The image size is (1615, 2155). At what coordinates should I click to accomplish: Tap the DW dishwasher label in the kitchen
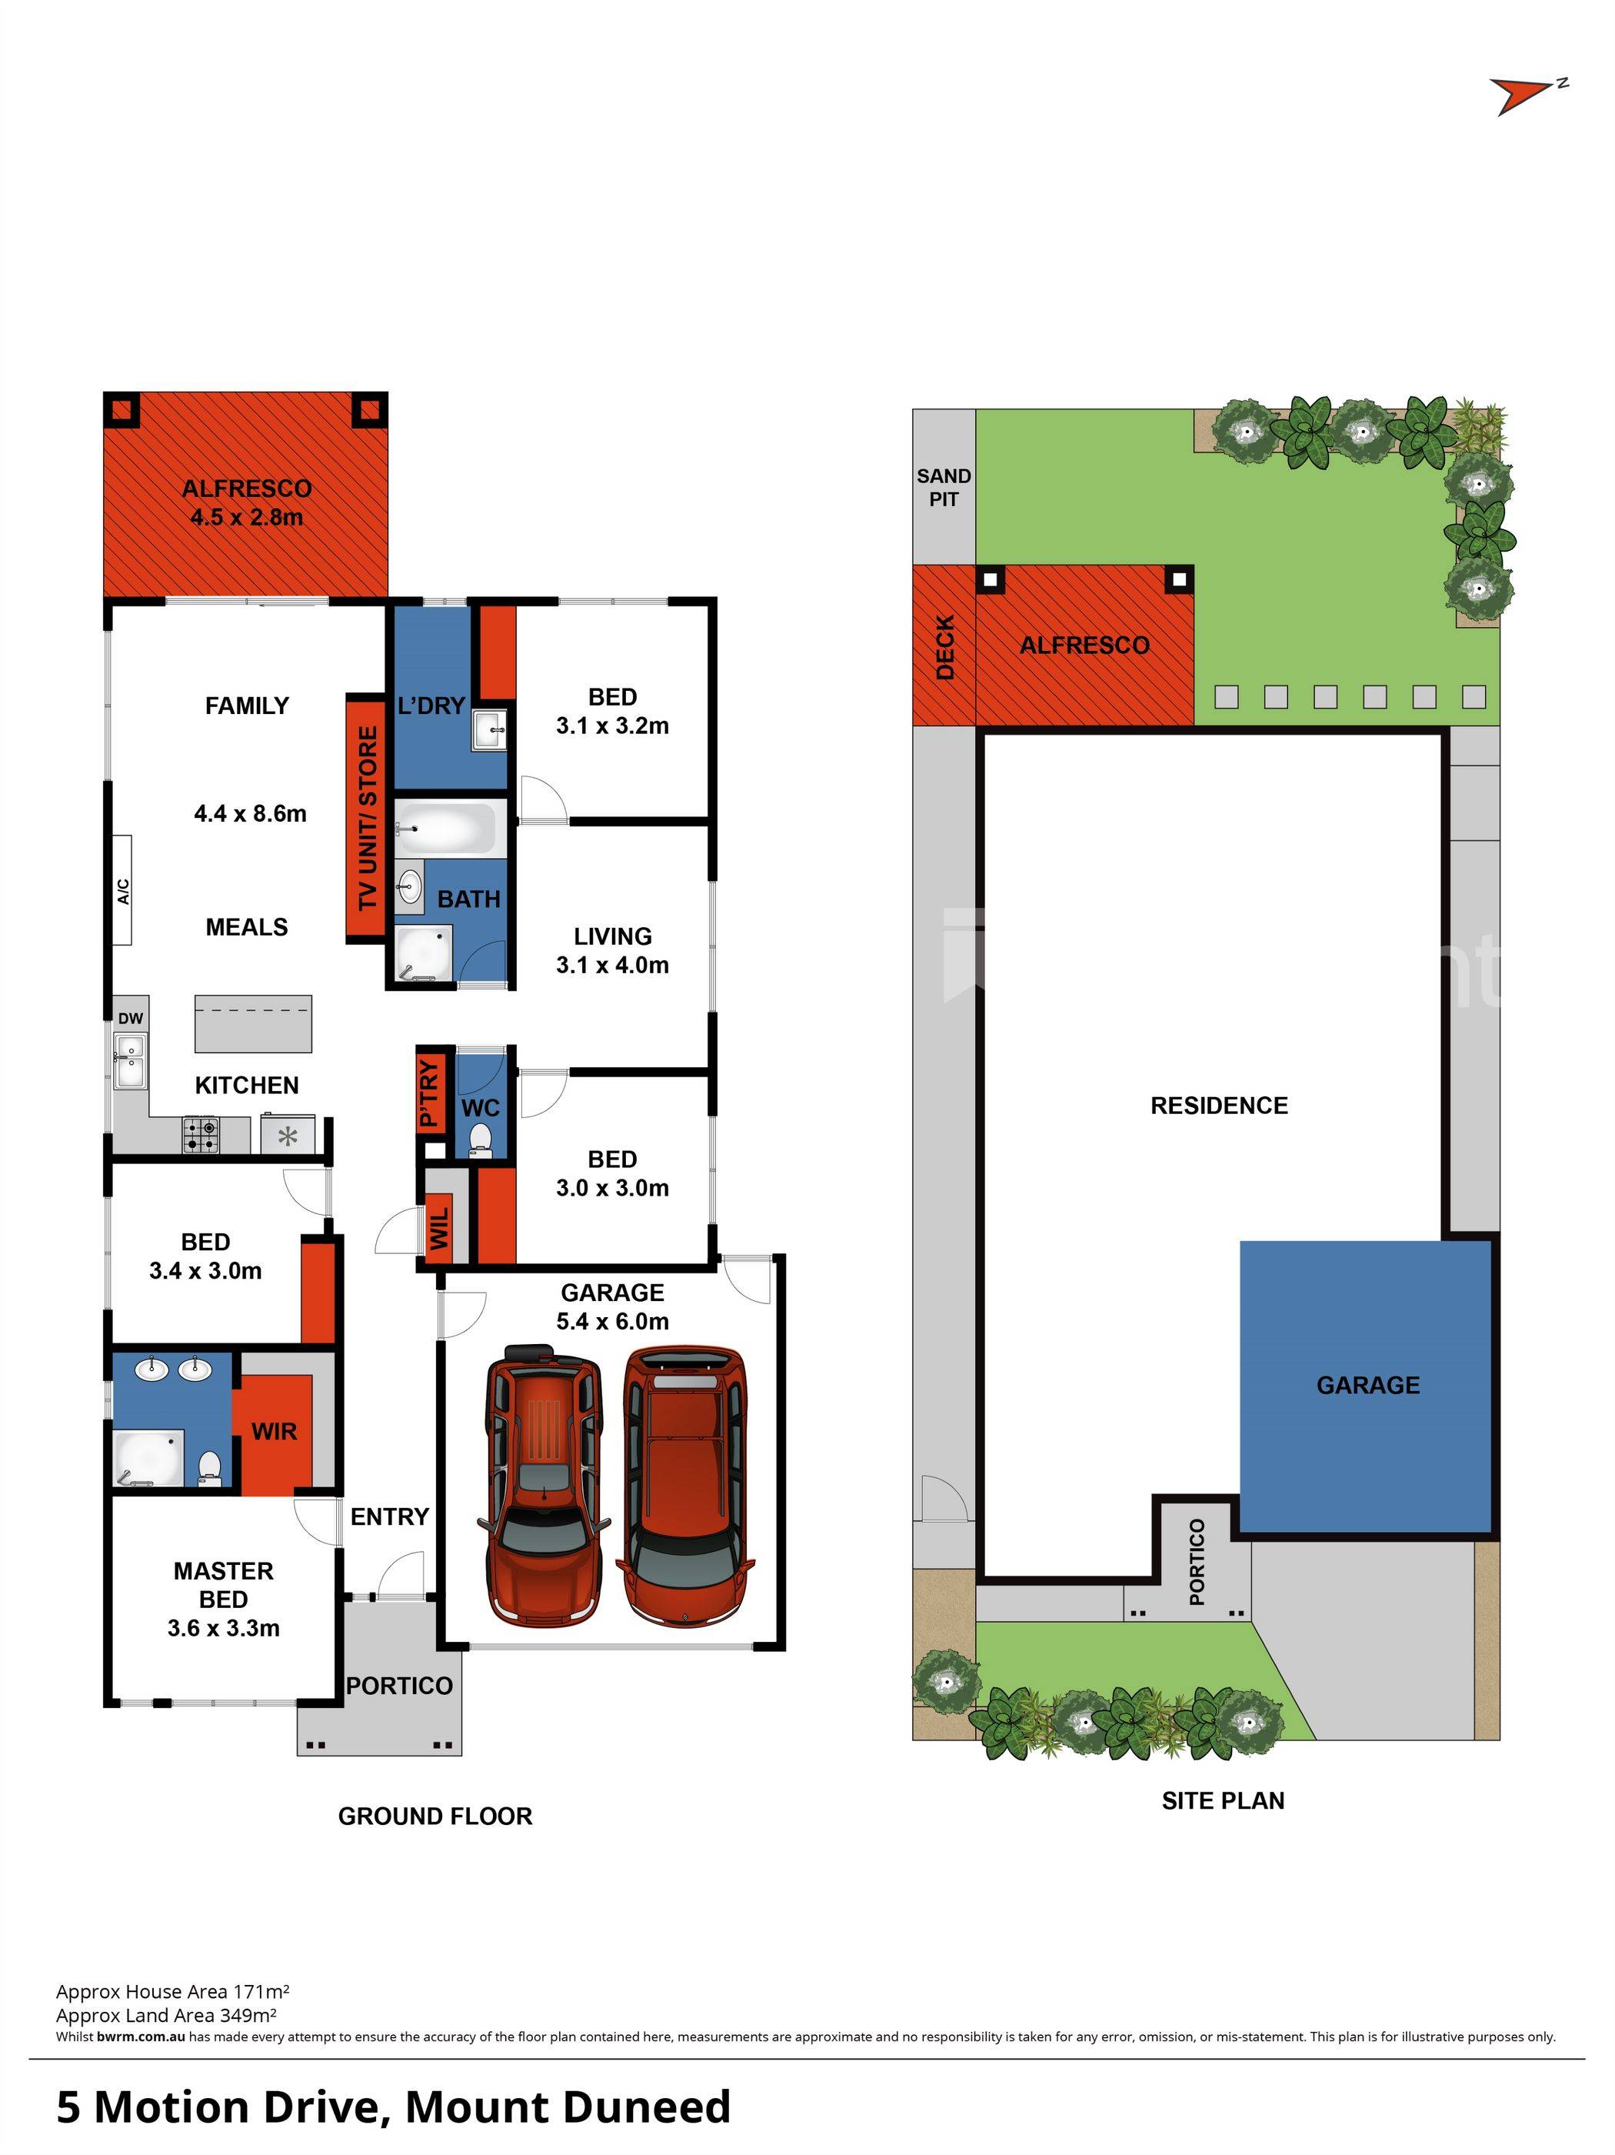coord(131,1018)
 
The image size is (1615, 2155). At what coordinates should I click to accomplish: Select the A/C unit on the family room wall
coord(122,889)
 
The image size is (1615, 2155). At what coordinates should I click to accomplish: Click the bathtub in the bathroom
coord(450,828)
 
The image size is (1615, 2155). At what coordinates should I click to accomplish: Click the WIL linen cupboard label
coord(439,1229)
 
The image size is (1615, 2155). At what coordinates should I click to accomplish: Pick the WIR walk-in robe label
coord(274,1431)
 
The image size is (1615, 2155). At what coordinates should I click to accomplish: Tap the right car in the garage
coord(687,1486)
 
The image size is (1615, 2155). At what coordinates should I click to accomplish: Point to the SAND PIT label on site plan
coord(944,487)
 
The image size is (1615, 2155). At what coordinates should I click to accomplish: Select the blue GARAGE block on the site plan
coord(1367,1387)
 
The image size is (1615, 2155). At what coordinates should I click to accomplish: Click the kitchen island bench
coord(253,1023)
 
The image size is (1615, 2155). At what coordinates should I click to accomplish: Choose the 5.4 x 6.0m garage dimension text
coord(613,1321)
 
